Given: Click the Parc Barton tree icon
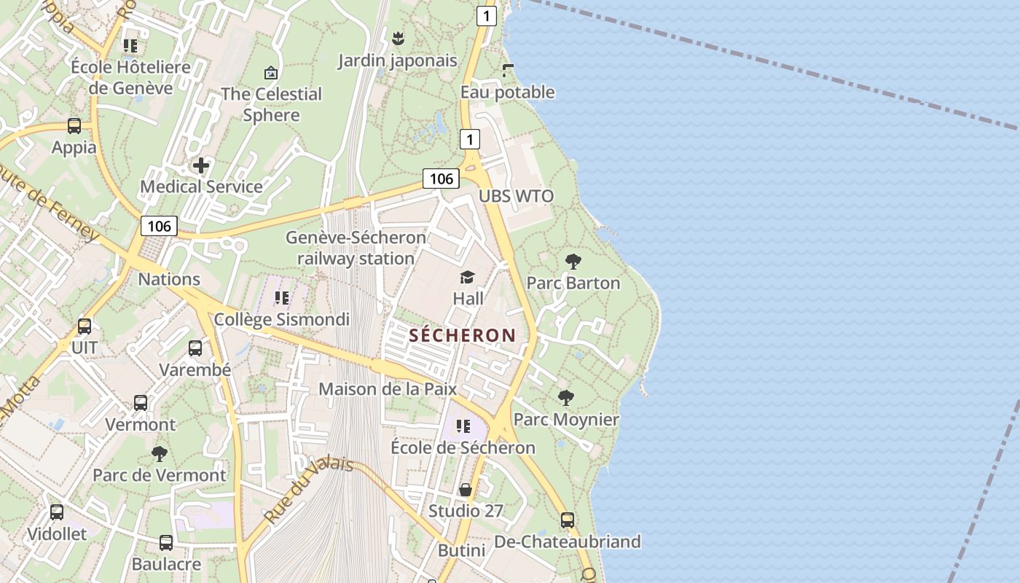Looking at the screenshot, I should pyautogui.click(x=573, y=261).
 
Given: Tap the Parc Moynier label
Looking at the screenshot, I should pyautogui.click(x=566, y=420).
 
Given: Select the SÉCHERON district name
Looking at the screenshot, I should pyautogui.click(x=463, y=335).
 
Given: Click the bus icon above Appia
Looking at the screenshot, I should pyautogui.click(x=74, y=126).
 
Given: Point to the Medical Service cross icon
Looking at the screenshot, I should pyautogui.click(x=201, y=165).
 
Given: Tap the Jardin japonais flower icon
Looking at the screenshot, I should pyautogui.click(x=398, y=38).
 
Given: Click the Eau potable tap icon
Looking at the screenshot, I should pyautogui.click(x=508, y=71).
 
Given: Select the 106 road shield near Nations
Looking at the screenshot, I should pyautogui.click(x=159, y=226).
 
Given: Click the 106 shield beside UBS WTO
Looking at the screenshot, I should pyautogui.click(x=441, y=179).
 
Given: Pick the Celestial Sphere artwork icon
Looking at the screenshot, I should pyautogui.click(x=271, y=73).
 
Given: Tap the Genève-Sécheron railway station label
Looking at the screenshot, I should pyautogui.click(x=356, y=248).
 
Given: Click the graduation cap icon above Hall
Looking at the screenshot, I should pyautogui.click(x=467, y=277).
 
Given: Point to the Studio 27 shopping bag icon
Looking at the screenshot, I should pyautogui.click(x=466, y=490).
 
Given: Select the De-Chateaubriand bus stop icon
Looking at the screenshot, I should pyautogui.click(x=568, y=520).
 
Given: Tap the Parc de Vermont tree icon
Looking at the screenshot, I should pyautogui.click(x=160, y=454).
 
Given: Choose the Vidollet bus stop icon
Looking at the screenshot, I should pyautogui.click(x=57, y=512).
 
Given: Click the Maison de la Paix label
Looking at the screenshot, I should pyautogui.click(x=388, y=388).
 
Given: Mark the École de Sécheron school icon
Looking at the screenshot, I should pyautogui.click(x=463, y=426).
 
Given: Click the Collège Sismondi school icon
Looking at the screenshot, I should pyautogui.click(x=282, y=298).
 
